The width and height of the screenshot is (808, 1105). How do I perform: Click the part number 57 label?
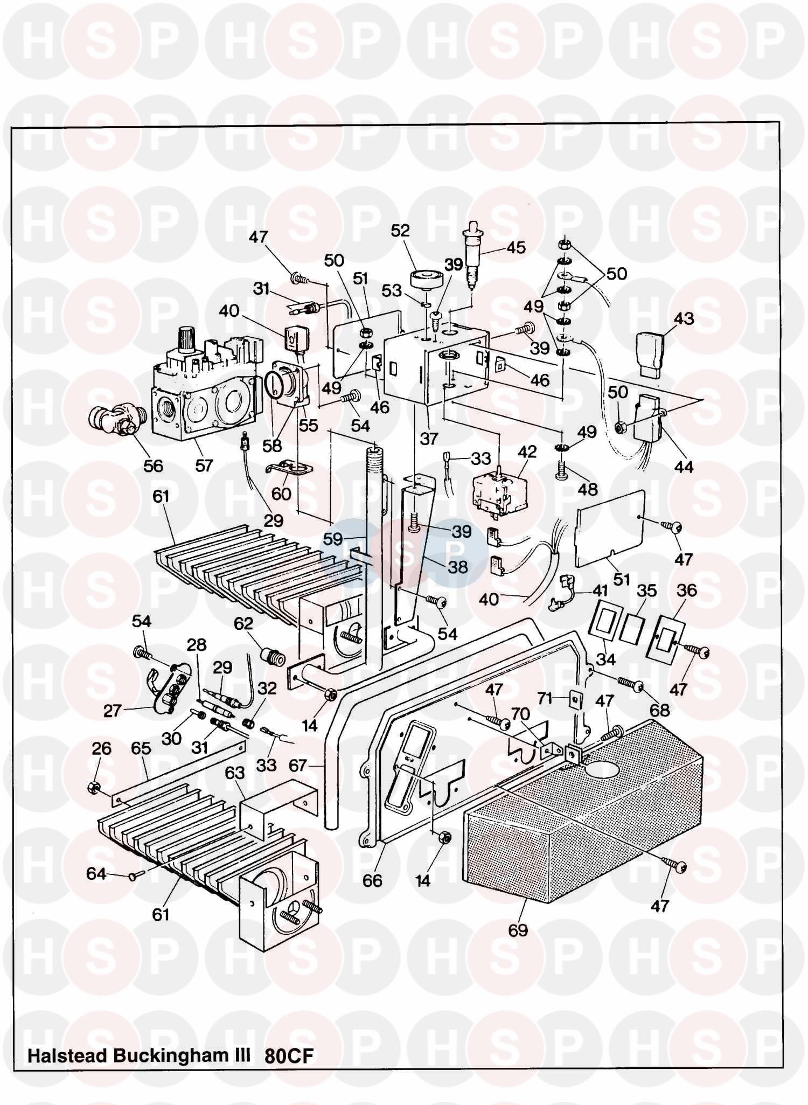[204, 465]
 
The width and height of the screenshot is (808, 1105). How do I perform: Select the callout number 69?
[518, 930]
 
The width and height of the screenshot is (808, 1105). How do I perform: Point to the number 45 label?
[516, 247]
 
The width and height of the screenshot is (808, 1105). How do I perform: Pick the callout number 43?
[684, 318]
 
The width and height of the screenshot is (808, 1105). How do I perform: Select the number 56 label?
[153, 465]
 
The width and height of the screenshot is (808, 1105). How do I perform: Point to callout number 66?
[372, 880]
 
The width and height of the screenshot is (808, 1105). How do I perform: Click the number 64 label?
[96, 873]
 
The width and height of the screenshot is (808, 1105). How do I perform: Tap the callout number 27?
[112, 711]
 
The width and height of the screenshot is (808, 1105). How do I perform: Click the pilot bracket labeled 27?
[164, 684]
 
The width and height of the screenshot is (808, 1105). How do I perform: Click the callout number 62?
[243, 623]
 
